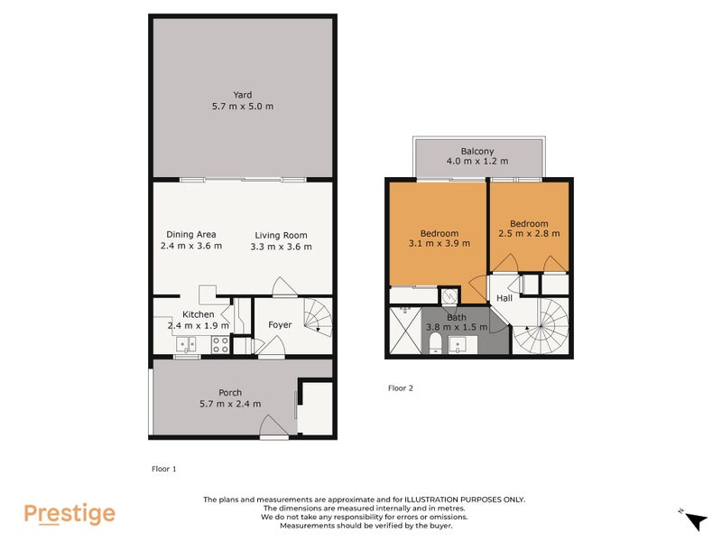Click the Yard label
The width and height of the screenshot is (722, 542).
(242, 95)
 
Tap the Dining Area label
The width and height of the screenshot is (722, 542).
(190, 234)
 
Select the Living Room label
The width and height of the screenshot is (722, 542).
(282, 234)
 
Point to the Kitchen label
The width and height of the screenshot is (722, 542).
(197, 314)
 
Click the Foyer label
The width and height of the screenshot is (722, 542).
(280, 324)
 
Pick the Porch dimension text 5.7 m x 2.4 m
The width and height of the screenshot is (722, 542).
(230, 404)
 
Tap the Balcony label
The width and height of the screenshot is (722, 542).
(477, 151)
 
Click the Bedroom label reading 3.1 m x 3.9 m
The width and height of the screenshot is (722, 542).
(440, 233)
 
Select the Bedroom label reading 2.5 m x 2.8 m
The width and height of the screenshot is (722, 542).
(529, 223)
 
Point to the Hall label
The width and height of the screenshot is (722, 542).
(504, 297)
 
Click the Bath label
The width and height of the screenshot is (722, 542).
(457, 317)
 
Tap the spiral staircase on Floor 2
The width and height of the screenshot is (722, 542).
(541, 327)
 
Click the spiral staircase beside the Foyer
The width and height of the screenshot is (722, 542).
(317, 316)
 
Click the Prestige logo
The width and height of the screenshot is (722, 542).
(69, 513)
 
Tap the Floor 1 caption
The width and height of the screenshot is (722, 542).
(163, 469)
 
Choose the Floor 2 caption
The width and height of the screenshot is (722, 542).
(400, 388)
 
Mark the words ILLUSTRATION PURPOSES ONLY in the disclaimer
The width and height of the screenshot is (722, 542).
(465, 500)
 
